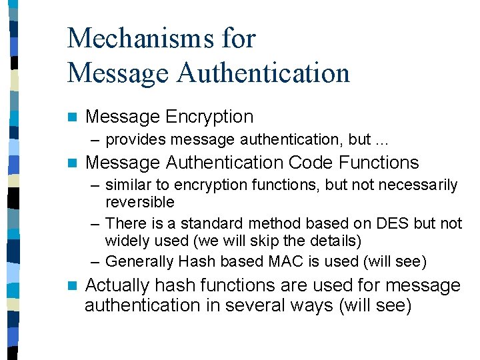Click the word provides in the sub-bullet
(x=136, y=139)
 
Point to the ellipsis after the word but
(x=382, y=140)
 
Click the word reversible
(x=140, y=202)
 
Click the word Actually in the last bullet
(x=117, y=285)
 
